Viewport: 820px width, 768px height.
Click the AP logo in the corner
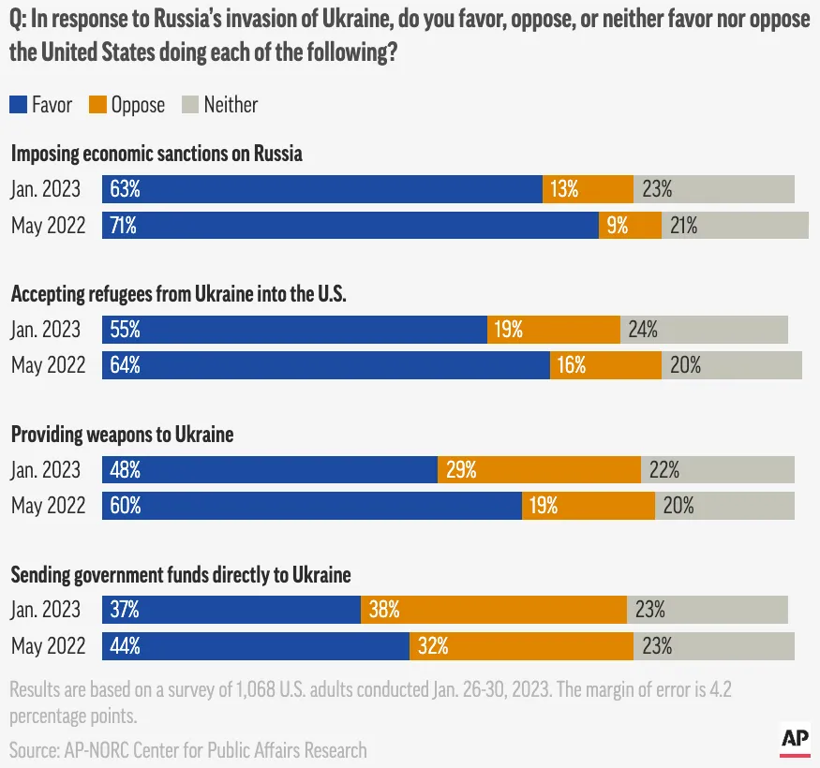(795, 741)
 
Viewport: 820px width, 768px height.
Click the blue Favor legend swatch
(19, 105)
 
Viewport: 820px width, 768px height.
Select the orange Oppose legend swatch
(98, 105)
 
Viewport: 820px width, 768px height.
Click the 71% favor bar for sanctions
(350, 225)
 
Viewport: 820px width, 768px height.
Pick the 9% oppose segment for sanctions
(630, 225)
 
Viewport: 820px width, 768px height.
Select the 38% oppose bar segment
(493, 610)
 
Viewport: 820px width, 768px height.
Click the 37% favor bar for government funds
(231, 610)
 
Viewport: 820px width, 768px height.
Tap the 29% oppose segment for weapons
(539, 470)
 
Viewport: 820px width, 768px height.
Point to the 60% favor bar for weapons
(312, 506)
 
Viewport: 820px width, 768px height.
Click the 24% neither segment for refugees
(704, 330)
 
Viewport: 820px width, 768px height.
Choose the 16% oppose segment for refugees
(605, 365)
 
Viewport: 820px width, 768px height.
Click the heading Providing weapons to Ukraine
(122, 436)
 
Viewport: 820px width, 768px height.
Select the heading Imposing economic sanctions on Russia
(157, 155)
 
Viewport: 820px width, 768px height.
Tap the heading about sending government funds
(181, 575)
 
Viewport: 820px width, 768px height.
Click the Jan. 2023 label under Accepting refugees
(46, 330)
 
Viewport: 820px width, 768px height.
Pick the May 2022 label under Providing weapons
(48, 506)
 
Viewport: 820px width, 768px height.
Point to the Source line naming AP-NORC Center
(188, 749)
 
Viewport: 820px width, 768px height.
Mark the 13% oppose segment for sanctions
(588, 189)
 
